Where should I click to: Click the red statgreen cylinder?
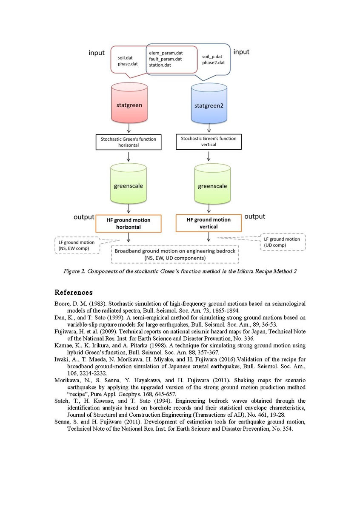pyautogui.click(x=129, y=104)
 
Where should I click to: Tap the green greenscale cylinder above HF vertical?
pyautogui.click(x=212, y=186)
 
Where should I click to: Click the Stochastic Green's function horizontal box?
pyautogui.click(x=128, y=142)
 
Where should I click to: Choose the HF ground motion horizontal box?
pyautogui.click(x=128, y=224)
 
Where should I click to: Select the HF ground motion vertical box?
pyautogui.click(x=209, y=223)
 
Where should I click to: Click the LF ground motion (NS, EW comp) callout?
pyautogui.click(x=77, y=245)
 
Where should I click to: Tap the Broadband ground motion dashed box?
pyautogui.click(x=175, y=254)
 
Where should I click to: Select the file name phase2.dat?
pyautogui.click(x=213, y=63)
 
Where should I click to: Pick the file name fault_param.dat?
pyautogui.click(x=165, y=59)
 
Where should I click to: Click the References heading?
pyautogui.click(x=73, y=293)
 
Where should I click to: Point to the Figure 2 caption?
pyautogui.click(x=180, y=271)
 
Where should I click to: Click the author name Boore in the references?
pyautogui.click(x=62, y=304)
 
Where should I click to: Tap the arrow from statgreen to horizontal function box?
pyautogui.click(x=129, y=128)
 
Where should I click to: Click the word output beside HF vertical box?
pyautogui.click(x=254, y=216)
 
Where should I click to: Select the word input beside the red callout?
pyautogui.click(x=97, y=52)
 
